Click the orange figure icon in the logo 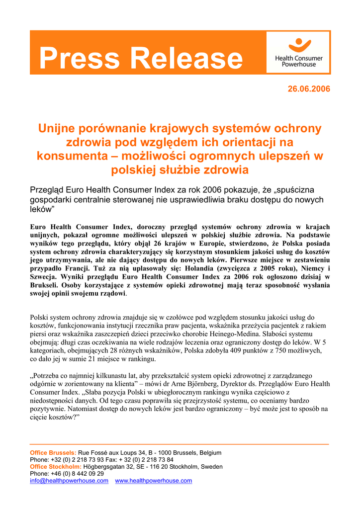coord(299,45)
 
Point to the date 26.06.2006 coord(309,89)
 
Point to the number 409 coord(211,350)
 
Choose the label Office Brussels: coord(53,453)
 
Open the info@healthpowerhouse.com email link coord(69,481)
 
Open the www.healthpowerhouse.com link coord(153,481)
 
